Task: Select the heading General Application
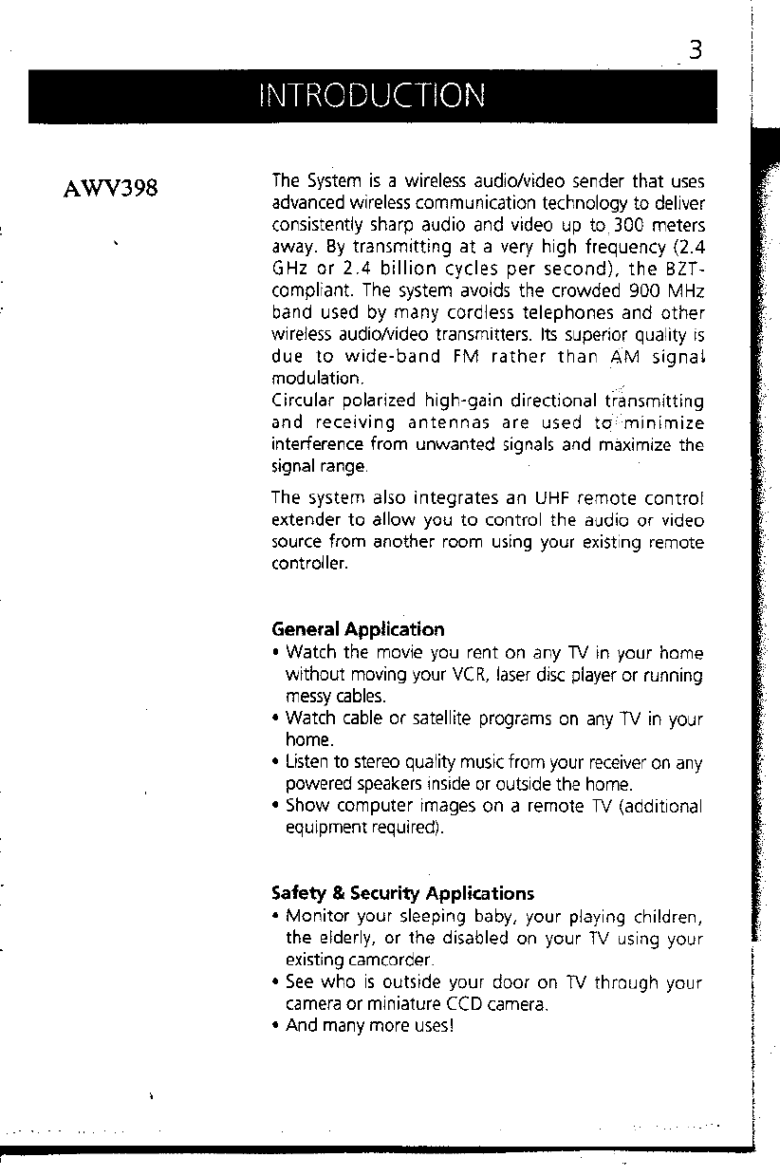click(x=357, y=629)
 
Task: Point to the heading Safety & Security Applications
click(x=402, y=893)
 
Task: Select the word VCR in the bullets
click(x=448, y=676)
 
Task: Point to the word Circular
click(x=301, y=400)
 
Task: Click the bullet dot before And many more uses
click(x=275, y=1026)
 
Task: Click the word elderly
click(x=334, y=940)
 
